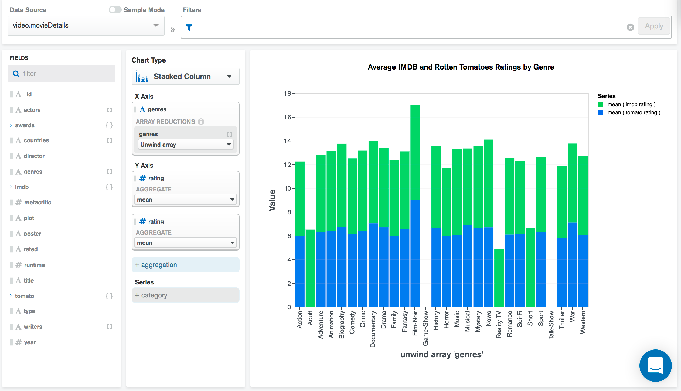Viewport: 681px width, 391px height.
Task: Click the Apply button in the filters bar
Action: coord(653,26)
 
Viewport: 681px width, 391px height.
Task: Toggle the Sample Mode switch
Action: coord(115,10)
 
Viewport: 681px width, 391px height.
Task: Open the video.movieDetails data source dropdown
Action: coord(86,26)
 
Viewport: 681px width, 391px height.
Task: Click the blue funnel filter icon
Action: coord(189,28)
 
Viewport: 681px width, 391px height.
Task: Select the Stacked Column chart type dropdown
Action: coord(185,77)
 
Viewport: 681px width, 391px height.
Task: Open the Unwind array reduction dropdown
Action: coord(185,145)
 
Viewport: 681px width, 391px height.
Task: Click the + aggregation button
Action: coord(185,265)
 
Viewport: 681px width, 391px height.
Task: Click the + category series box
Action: coord(185,295)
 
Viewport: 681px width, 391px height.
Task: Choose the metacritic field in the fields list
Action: coord(37,203)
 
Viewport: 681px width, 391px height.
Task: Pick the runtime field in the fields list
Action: coord(34,265)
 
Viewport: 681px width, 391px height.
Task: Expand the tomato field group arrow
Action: coord(11,296)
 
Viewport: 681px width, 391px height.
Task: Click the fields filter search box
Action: coord(62,74)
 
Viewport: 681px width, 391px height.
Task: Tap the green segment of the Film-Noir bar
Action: coord(415,152)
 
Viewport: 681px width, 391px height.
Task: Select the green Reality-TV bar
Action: coord(499,278)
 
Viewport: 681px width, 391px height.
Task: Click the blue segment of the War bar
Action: coord(572,264)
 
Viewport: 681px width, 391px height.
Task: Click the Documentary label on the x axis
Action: coord(373,329)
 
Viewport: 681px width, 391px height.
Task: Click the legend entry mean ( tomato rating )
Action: coord(633,113)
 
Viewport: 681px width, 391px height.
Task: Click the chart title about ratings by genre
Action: coord(461,67)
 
